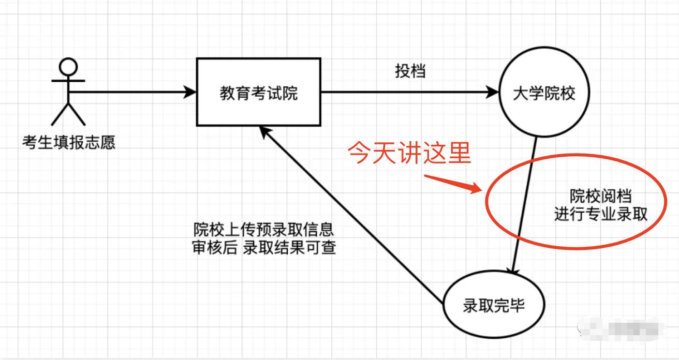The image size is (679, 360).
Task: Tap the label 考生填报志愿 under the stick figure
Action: pos(69,142)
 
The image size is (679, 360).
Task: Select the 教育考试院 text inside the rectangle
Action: pos(259,93)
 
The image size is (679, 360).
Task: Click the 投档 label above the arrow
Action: pos(410,71)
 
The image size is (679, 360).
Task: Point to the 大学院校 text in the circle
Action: pos(544,93)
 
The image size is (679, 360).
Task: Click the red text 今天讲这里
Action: pos(409,153)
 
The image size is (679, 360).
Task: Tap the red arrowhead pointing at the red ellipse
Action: pos(475,188)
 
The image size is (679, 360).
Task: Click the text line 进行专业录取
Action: pos(601,214)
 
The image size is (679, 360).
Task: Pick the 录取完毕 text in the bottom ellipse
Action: pos(494,305)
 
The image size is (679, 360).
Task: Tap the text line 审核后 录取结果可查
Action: pos(264,248)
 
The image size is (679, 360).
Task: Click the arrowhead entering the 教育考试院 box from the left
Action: pos(190,92)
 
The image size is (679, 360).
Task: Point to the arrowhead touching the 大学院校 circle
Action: pos(492,92)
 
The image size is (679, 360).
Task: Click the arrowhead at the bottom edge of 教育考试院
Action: pos(265,132)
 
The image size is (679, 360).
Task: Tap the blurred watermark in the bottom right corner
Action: pos(622,329)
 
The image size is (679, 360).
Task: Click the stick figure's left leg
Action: pos(60,114)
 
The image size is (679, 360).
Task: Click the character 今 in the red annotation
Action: pos(360,153)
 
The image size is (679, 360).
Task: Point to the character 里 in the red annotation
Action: pos(460,153)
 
